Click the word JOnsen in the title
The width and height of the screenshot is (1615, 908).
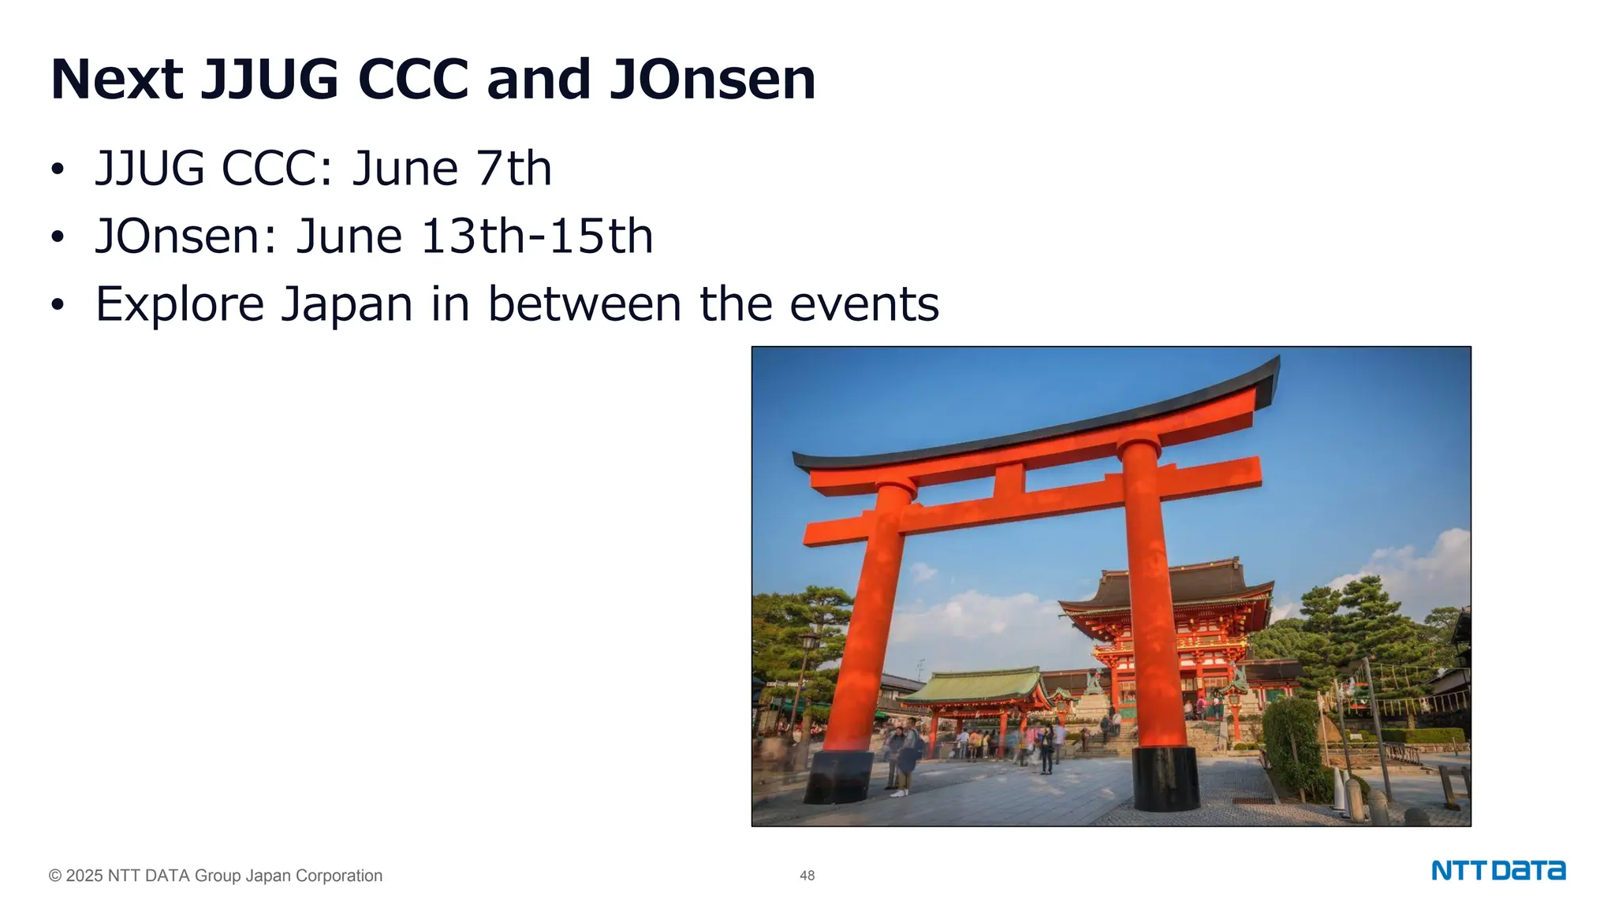pos(712,80)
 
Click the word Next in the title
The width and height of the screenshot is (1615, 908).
pos(117,80)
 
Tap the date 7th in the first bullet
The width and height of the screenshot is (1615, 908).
pos(513,169)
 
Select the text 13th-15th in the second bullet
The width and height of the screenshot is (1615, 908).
pos(536,236)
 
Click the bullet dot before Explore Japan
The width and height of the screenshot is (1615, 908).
pos(57,306)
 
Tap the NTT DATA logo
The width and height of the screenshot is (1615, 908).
pos(1498,871)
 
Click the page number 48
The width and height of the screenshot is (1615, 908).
pos(807,876)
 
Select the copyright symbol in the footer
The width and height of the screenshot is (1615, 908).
pos(55,876)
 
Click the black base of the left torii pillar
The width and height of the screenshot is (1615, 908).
pos(838,776)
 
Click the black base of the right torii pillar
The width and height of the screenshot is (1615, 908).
pos(1166,779)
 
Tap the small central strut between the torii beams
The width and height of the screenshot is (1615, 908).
pos(1009,481)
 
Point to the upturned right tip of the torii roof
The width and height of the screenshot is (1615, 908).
pos(1271,370)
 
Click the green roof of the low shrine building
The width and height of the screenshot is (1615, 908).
pos(978,684)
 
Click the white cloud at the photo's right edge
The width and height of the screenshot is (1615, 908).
pos(1435,560)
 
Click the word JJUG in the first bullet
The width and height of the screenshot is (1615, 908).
pos(149,169)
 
